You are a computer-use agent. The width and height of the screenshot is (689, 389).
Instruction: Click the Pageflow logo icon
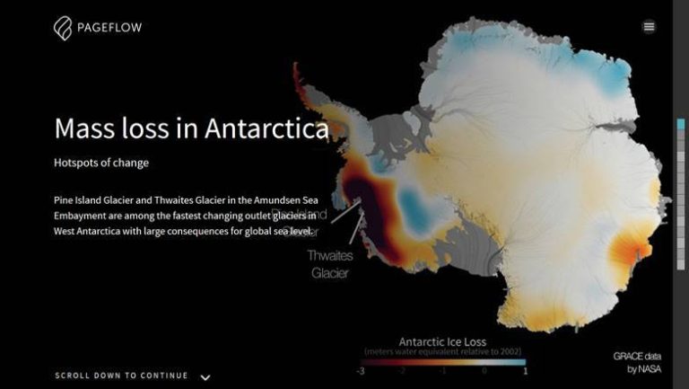[63, 28]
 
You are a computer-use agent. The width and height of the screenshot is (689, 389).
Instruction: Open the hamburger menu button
[649, 27]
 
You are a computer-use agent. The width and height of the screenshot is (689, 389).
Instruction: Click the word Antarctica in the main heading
[266, 129]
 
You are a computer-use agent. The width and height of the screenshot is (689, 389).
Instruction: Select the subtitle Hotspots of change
[101, 163]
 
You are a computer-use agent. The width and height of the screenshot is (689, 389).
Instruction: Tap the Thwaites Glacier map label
[330, 264]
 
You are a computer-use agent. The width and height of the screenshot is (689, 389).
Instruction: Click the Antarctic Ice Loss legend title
[442, 341]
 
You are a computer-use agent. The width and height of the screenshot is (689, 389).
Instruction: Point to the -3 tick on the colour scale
[360, 371]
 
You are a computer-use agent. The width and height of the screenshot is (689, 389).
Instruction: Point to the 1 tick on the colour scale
[525, 371]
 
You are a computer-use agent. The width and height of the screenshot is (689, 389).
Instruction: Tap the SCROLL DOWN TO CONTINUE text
[121, 376]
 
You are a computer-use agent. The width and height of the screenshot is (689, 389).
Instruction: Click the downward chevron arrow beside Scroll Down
[205, 377]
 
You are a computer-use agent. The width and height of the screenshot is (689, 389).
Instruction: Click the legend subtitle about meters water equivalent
[442, 351]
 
